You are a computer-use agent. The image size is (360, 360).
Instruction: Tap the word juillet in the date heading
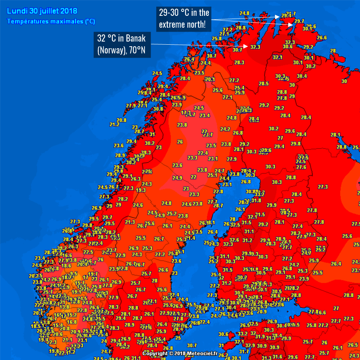pyautogui.click(x=48, y=11)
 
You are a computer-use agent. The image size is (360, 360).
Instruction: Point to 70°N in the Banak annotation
pyautogui.click(x=138, y=51)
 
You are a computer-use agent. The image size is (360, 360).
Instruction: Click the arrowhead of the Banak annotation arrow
pyautogui.click(x=249, y=46)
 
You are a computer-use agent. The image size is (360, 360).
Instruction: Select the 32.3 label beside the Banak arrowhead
pyautogui.click(x=256, y=47)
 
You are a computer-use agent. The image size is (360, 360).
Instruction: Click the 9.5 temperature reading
pyautogui.click(x=74, y=273)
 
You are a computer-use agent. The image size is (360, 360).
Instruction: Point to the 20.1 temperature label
pyautogui.click(x=210, y=79)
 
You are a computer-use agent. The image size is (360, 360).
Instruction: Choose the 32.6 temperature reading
pyautogui.click(x=234, y=240)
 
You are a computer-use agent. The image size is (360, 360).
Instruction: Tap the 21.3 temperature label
pyautogui.click(x=130, y=222)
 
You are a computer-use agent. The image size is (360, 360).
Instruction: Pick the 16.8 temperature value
pyautogui.click(x=72, y=322)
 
